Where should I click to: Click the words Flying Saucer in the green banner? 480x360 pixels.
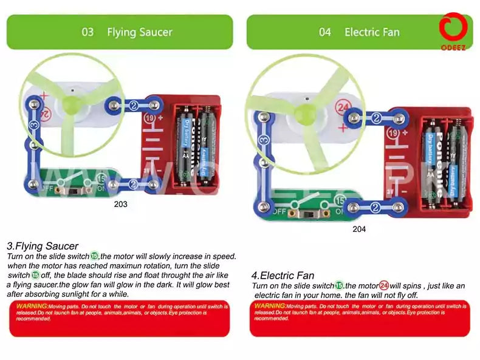tap(139, 32)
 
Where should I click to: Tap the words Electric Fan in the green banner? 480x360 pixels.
tap(372, 32)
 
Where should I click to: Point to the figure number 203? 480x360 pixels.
tap(121, 205)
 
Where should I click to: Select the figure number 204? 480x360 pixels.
tap(360, 229)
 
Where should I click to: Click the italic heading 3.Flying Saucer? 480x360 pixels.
tap(43, 246)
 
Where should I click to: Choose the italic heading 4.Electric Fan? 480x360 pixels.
tap(283, 275)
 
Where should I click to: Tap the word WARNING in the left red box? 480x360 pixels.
tap(32, 305)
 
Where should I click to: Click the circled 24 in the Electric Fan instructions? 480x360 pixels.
tap(384, 285)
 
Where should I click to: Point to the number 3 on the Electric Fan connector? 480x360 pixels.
tap(262, 140)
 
